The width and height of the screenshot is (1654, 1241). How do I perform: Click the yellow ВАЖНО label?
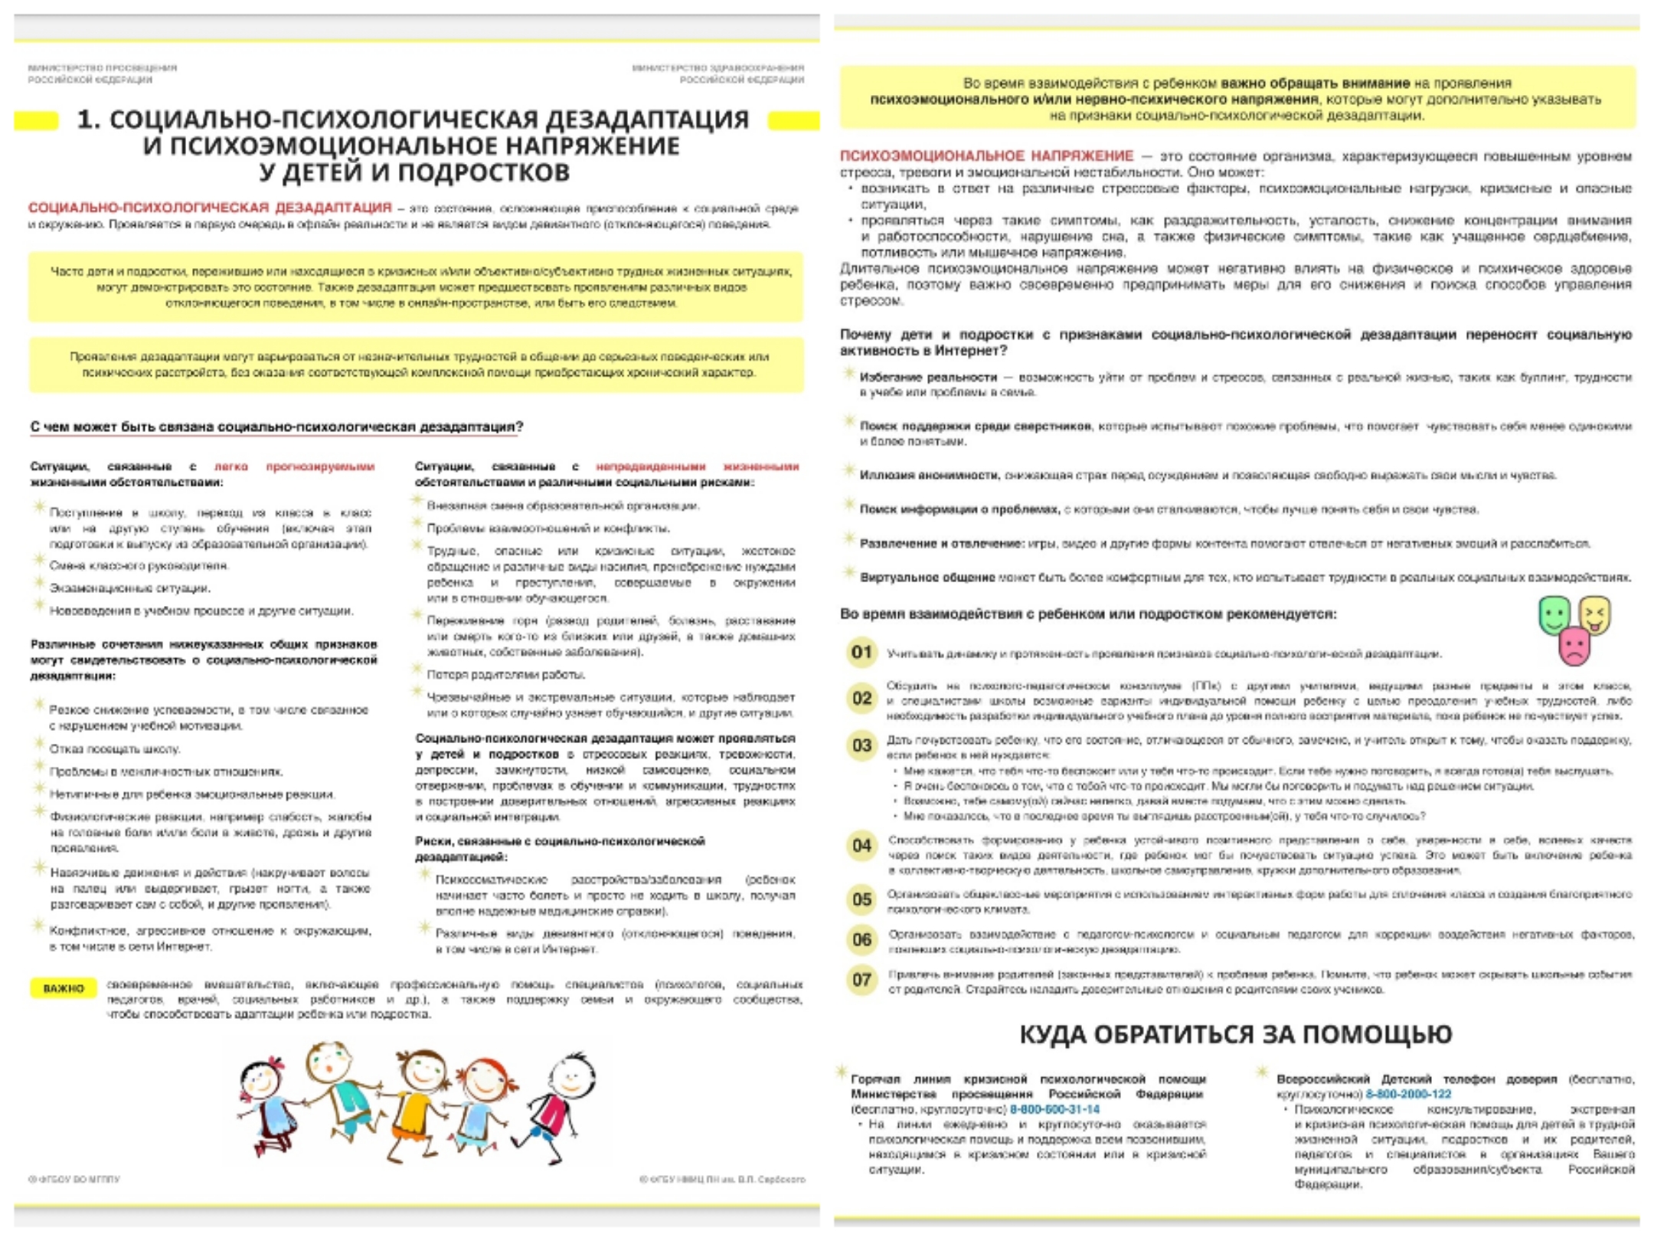pyautogui.click(x=63, y=988)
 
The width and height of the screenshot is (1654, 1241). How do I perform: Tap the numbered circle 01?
pyautogui.click(x=861, y=653)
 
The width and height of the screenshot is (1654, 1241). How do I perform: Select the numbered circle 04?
pyautogui.click(x=861, y=846)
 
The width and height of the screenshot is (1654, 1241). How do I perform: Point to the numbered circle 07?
pyautogui.click(x=861, y=980)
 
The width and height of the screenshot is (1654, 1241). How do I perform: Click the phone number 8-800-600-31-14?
pyautogui.click(x=1054, y=1109)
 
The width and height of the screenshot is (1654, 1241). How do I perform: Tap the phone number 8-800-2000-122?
pyautogui.click(x=1407, y=1095)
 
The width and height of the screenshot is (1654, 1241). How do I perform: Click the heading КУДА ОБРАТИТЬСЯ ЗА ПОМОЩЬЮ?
pyautogui.click(x=1235, y=1035)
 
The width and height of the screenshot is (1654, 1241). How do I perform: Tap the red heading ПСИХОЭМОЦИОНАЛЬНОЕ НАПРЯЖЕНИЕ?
pyautogui.click(x=986, y=156)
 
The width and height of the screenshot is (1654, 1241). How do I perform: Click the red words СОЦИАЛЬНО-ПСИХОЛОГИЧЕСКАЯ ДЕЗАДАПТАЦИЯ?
pyautogui.click(x=210, y=208)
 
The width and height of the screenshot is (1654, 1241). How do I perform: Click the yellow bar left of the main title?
pyautogui.click(x=36, y=120)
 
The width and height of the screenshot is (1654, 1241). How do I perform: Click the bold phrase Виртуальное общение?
pyautogui.click(x=927, y=578)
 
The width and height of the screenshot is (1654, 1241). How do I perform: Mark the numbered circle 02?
pyautogui.click(x=861, y=699)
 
